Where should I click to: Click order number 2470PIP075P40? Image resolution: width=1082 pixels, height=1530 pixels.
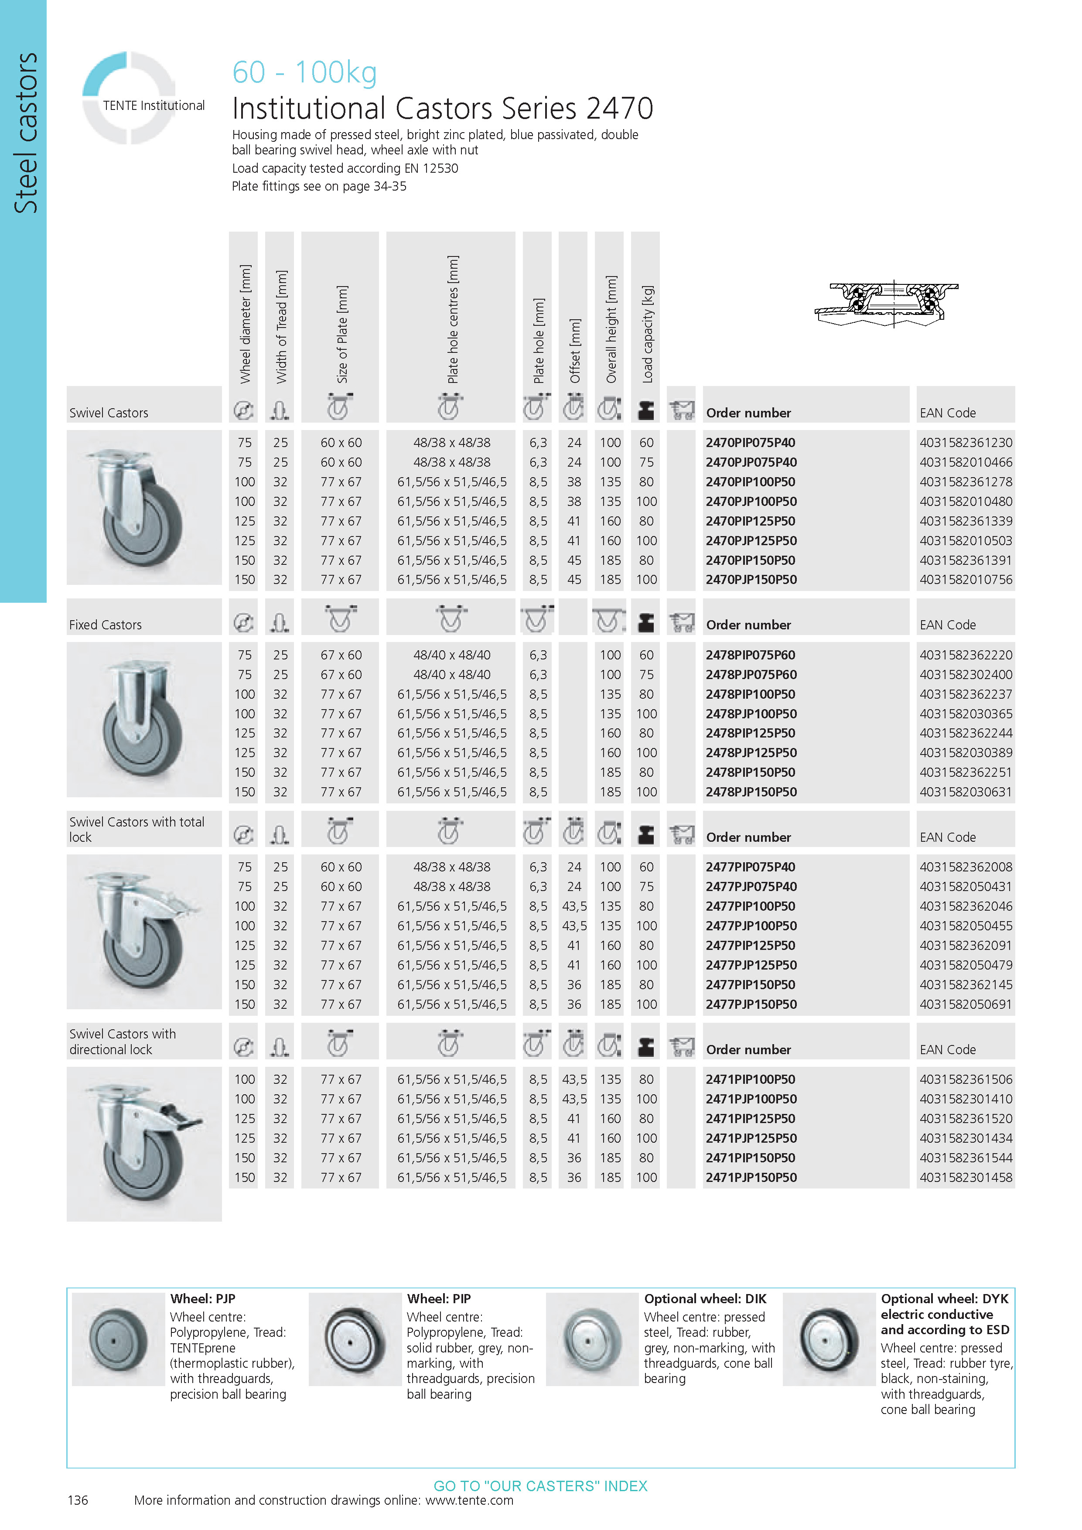point(750,443)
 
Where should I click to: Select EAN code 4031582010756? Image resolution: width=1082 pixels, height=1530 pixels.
point(966,580)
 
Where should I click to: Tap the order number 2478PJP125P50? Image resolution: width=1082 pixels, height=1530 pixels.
point(751,752)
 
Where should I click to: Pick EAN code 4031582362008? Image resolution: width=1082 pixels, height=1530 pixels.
point(966,867)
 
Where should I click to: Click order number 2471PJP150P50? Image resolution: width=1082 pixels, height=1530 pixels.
point(751,1178)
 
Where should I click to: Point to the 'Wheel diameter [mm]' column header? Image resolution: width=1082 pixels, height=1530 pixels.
point(245,324)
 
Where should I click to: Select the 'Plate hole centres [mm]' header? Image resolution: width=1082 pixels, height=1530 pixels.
point(452,319)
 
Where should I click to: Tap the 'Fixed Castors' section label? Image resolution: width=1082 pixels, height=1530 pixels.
point(105,625)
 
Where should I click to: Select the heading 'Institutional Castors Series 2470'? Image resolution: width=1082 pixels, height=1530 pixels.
point(442,109)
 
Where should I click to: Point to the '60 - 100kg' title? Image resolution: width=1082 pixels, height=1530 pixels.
point(304,72)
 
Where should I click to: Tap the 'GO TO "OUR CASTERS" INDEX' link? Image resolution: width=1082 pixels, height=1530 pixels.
point(540,1486)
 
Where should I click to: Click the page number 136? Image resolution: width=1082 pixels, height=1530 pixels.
point(78,1500)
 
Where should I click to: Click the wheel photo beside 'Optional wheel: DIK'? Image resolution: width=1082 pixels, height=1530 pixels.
point(592,1339)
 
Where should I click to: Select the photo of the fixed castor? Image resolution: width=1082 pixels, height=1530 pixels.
point(144,719)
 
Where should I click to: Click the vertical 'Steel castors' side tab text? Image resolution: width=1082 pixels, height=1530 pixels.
point(25,133)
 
